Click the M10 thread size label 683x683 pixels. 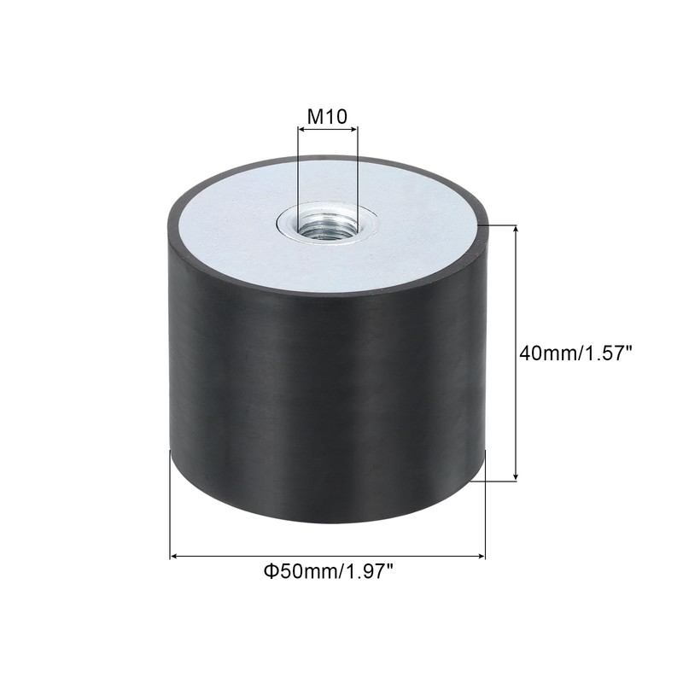[327, 115]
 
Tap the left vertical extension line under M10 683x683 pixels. [298, 171]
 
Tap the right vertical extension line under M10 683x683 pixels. [358, 171]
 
